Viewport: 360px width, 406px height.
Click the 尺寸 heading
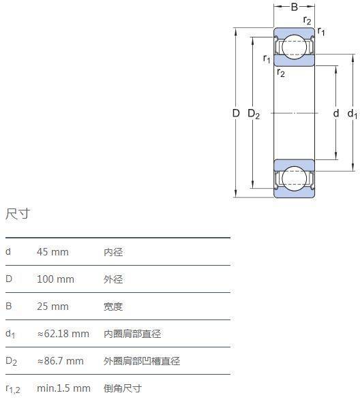coord(18,214)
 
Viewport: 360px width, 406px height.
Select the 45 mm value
coord(52,252)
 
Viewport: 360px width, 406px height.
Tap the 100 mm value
coord(55,279)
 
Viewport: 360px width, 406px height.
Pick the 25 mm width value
coord(52,307)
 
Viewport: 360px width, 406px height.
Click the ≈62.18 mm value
coord(63,334)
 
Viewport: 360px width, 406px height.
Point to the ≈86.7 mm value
coord(61,360)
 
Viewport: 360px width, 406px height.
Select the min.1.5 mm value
coord(64,388)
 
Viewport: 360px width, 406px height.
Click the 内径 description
coord(113,252)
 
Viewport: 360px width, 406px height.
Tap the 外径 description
coord(113,279)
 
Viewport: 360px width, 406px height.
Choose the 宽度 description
coord(113,307)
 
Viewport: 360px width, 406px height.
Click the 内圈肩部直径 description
coord(132,334)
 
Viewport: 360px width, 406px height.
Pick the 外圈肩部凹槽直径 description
coord(142,360)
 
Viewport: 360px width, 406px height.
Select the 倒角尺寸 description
coord(123,388)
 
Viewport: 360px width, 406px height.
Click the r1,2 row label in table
coord(13,389)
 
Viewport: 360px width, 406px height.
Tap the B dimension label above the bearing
coord(295,7)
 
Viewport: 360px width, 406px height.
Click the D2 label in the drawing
coord(254,114)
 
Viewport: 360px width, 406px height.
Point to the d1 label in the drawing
coord(352,114)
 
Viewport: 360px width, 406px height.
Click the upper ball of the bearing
coord(294,47)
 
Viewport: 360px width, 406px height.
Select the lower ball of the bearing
coord(294,178)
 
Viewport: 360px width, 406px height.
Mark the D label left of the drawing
coord(236,113)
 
